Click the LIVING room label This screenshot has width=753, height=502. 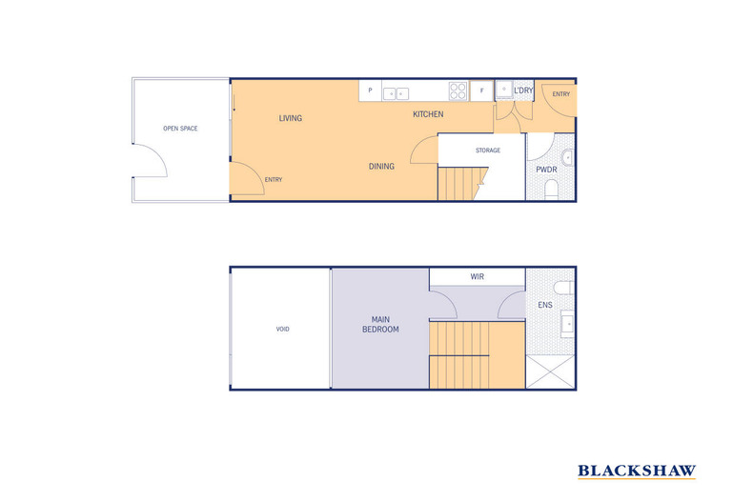click(x=290, y=118)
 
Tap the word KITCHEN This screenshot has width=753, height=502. click(x=428, y=114)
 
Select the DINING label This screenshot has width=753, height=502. click(x=381, y=167)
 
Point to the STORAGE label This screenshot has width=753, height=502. click(x=488, y=151)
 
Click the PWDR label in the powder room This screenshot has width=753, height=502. click(x=546, y=170)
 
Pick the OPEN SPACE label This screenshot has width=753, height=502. click(x=180, y=128)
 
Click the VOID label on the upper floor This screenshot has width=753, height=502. click(x=282, y=329)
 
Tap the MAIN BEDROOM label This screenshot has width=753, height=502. click(x=379, y=324)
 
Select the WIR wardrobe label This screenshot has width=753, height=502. click(x=477, y=277)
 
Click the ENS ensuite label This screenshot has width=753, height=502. click(x=544, y=305)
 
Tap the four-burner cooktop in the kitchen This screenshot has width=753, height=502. click(x=458, y=92)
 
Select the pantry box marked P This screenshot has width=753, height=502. click(x=370, y=92)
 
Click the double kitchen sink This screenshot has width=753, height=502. click(x=396, y=93)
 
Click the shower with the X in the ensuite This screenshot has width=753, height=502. click(x=551, y=371)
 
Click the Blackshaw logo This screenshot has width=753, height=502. click(x=637, y=471)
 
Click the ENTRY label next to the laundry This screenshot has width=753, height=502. click(x=560, y=93)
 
